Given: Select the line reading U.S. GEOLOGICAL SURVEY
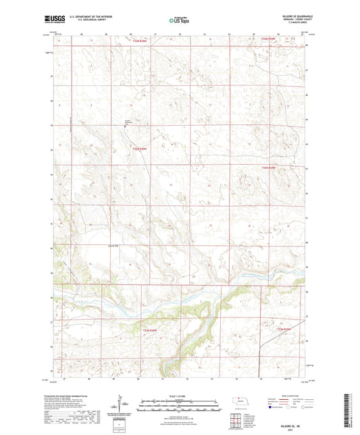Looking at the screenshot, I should pyautogui.click(x=80, y=20).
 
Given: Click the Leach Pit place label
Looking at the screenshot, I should pyautogui.click(x=111, y=246).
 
